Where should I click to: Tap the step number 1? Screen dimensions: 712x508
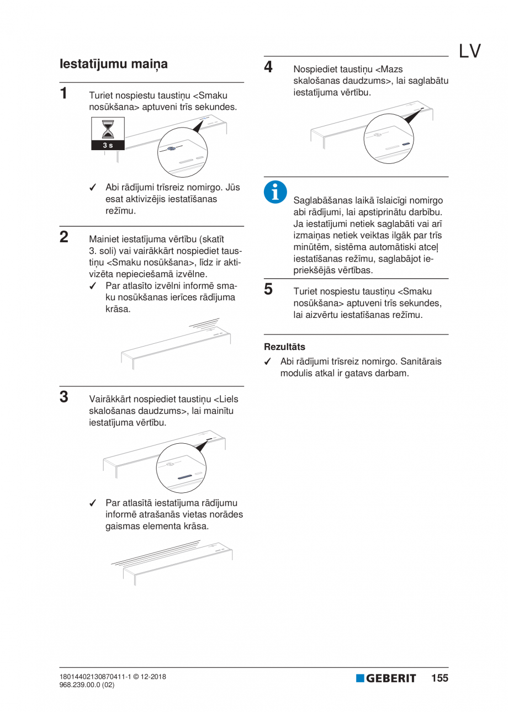pyautogui.click(x=65, y=92)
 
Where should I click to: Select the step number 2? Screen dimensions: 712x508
pyautogui.click(x=65, y=237)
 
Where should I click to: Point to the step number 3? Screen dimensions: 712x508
pyautogui.click(x=65, y=397)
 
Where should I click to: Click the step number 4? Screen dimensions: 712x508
pyautogui.click(x=268, y=67)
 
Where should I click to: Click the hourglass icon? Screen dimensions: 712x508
pyautogui.click(x=108, y=130)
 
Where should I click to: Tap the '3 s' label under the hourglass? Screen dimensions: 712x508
pyautogui.click(x=108, y=145)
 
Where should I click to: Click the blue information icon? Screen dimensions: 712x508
pyautogui.click(x=274, y=191)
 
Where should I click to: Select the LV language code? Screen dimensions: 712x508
pyautogui.click(x=469, y=51)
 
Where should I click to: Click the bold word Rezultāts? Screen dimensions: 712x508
pyautogui.click(x=284, y=347)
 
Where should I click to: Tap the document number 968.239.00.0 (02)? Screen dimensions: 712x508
pyautogui.click(x=87, y=685)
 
